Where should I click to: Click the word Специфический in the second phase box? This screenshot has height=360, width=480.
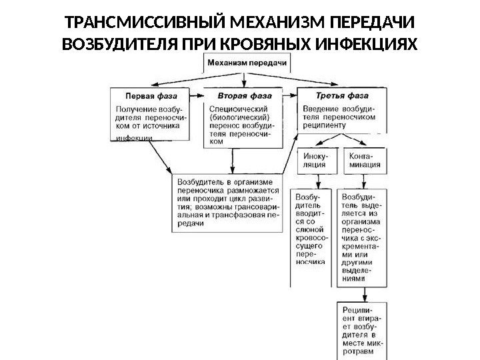coord(239,108)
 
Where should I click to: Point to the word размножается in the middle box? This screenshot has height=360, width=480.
coord(254,189)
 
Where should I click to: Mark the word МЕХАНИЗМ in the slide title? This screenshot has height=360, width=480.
coord(270,23)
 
